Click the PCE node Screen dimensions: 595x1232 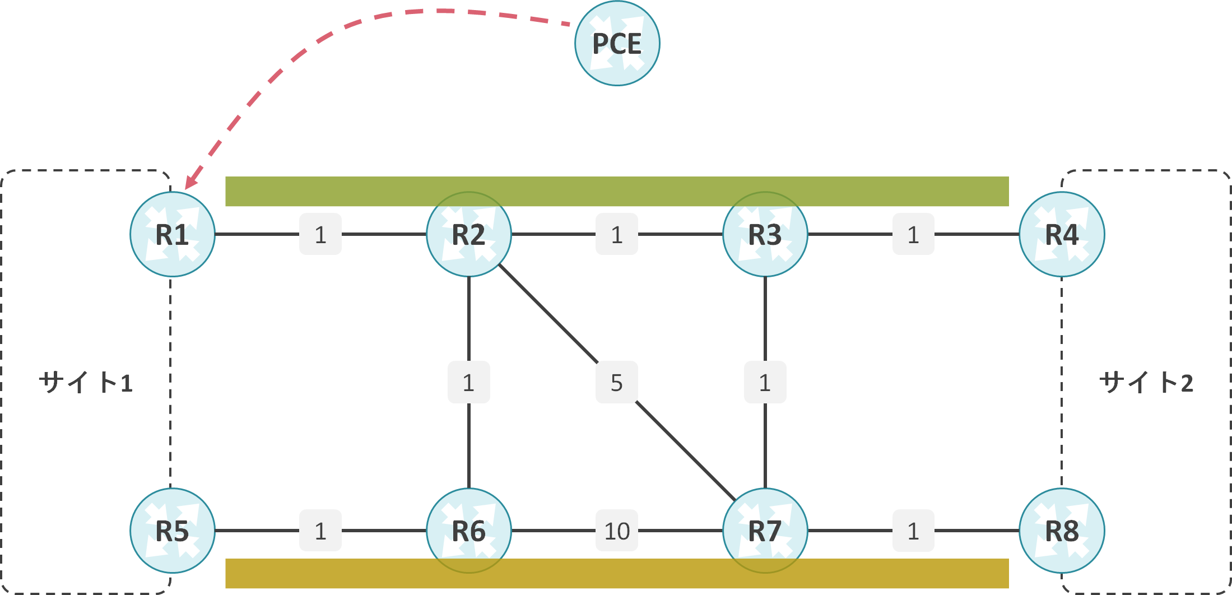(617, 43)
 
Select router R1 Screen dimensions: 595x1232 (173, 234)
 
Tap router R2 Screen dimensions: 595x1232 (469, 234)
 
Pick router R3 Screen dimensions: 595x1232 (765, 234)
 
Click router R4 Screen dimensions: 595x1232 (1062, 234)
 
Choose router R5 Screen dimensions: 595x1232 (173, 531)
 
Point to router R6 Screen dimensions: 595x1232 (469, 531)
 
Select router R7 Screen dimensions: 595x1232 (765, 531)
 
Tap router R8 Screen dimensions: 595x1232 (1062, 531)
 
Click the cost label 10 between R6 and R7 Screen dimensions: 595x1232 (617, 531)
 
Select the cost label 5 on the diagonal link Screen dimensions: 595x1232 (617, 382)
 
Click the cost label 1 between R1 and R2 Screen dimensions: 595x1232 (320, 234)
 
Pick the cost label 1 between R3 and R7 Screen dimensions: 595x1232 (765, 382)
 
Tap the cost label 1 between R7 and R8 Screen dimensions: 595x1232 (913, 531)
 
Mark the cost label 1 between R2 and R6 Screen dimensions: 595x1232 (469, 382)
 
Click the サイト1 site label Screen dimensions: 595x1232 (86, 383)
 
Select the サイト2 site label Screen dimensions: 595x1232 (1146, 383)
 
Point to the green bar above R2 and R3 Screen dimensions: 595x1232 (617, 191)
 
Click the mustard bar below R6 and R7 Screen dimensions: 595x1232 (617, 573)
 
